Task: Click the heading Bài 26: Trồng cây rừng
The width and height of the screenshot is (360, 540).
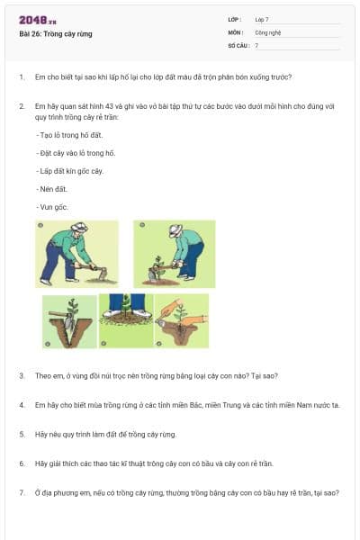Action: (56, 34)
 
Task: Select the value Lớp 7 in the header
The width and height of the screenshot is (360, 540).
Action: (262, 19)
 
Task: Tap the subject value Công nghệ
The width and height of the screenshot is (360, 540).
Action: (268, 31)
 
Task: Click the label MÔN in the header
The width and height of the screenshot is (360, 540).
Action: (235, 31)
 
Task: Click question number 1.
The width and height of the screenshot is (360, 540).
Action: (22, 77)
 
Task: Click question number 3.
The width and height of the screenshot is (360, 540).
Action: (22, 375)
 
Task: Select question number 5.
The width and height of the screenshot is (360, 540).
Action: (22, 434)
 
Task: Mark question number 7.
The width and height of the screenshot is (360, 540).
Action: (22, 492)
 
